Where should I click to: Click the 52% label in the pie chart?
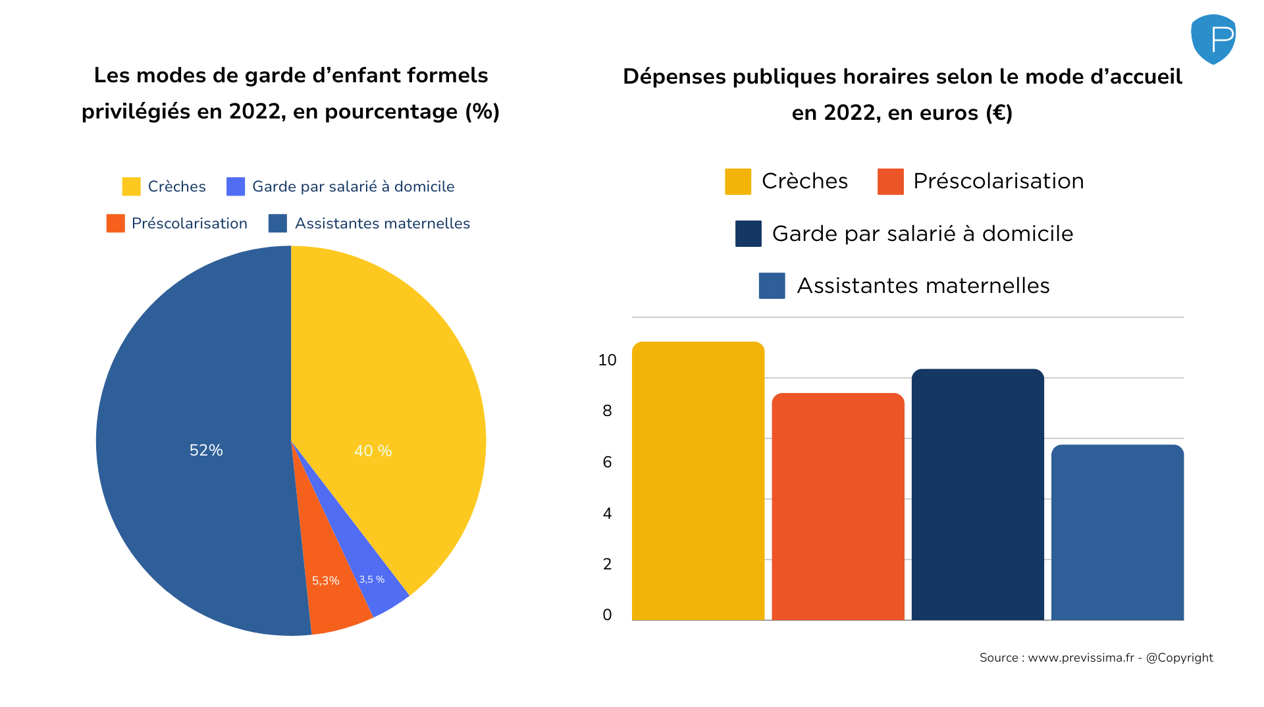pos(206,450)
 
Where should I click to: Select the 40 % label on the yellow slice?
pos(373,451)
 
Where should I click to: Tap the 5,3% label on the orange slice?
pos(325,581)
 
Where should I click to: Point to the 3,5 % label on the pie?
pos(371,579)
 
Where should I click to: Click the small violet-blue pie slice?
pos(382,592)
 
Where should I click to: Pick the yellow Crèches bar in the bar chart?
pos(698,481)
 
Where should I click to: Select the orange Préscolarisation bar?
pos(837,507)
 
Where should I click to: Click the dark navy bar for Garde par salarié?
pos(978,494)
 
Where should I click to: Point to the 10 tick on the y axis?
pos(607,360)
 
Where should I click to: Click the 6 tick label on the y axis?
pos(607,462)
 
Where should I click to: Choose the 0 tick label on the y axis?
pos(607,615)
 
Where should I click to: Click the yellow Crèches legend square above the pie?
pos(131,186)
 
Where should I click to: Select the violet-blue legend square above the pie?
pos(236,186)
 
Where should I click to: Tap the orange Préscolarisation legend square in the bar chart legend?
pos(890,182)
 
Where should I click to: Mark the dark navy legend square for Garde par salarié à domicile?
pos(748,234)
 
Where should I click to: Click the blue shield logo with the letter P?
pos(1213,39)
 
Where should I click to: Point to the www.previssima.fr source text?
pos(1080,658)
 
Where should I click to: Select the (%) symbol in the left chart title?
pos(482,112)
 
